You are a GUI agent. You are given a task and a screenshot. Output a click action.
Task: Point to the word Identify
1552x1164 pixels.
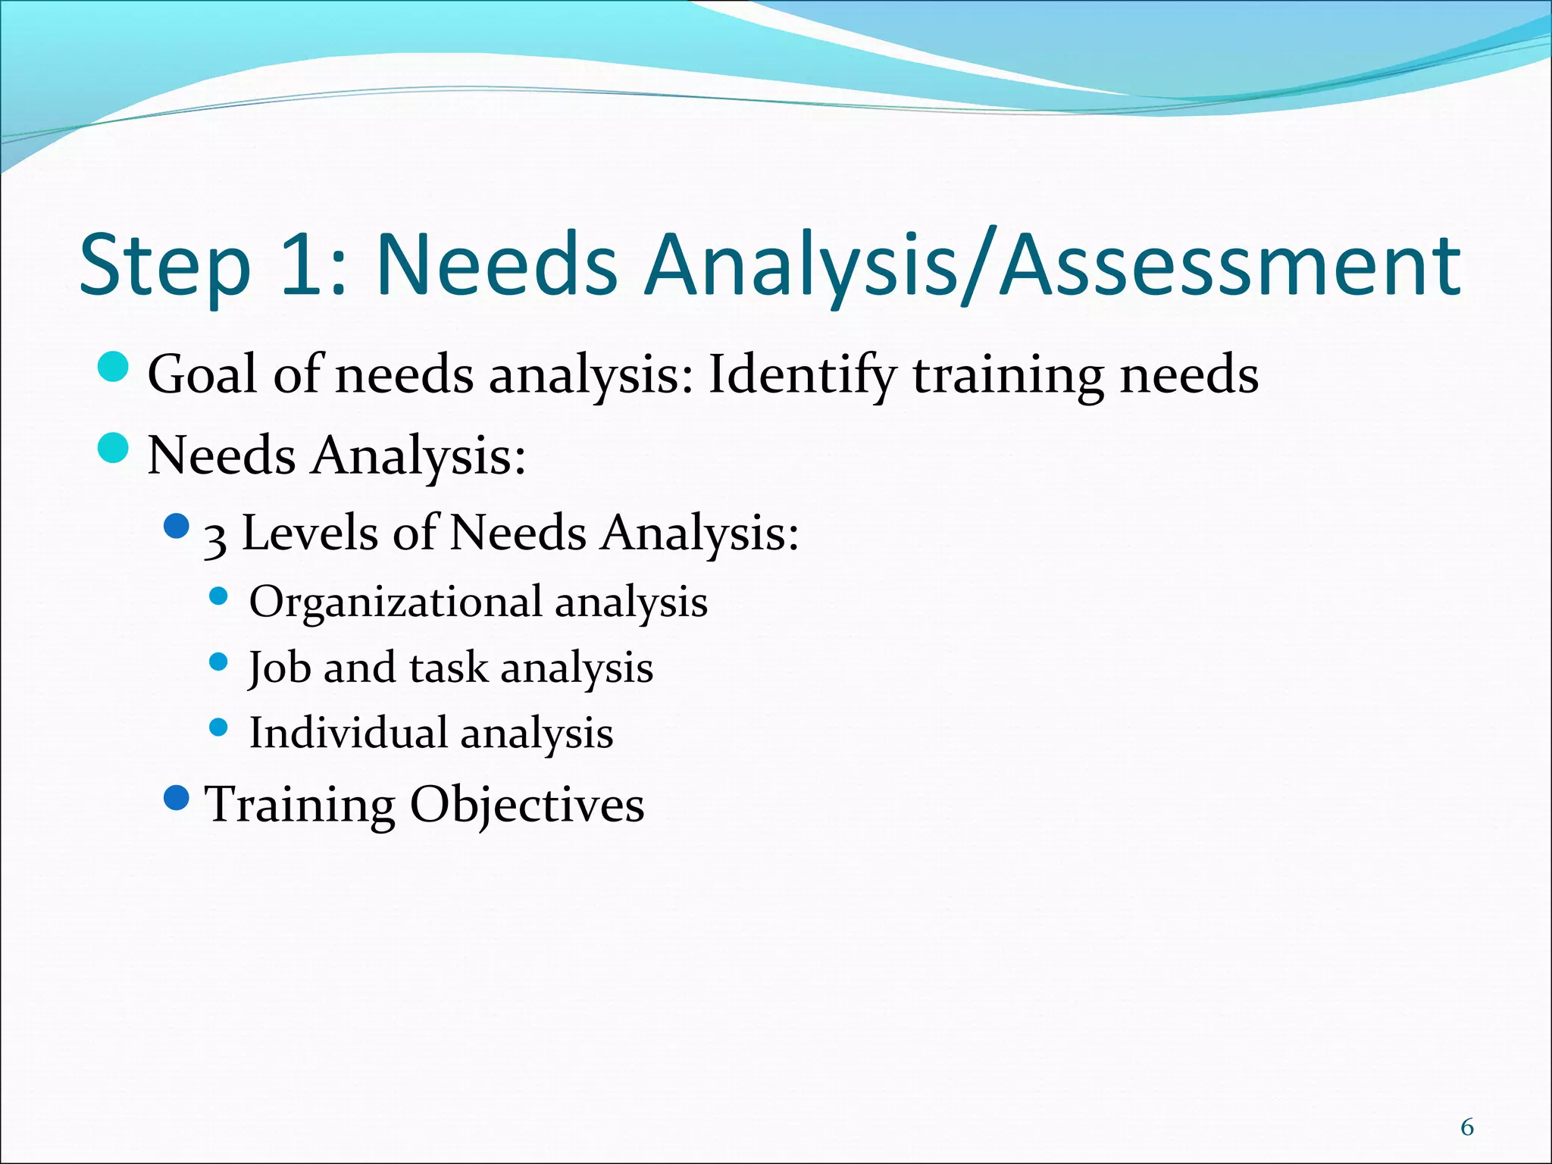tap(802, 376)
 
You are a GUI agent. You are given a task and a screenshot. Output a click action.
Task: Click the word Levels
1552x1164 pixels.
tap(309, 532)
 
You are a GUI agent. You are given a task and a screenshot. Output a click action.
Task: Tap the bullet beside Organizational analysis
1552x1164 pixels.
tap(218, 596)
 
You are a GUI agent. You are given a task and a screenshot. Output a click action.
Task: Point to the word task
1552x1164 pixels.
tap(449, 668)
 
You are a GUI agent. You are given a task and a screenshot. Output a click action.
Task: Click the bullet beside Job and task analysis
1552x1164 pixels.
tap(218, 662)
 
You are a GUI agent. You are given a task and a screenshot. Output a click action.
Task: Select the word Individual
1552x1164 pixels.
tap(349, 733)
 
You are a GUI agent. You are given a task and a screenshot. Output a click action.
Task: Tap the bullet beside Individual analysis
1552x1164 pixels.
tap(218, 727)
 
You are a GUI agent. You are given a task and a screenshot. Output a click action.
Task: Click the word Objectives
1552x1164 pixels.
tap(527, 805)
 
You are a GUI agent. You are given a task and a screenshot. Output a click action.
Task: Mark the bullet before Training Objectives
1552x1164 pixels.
tap(177, 798)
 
